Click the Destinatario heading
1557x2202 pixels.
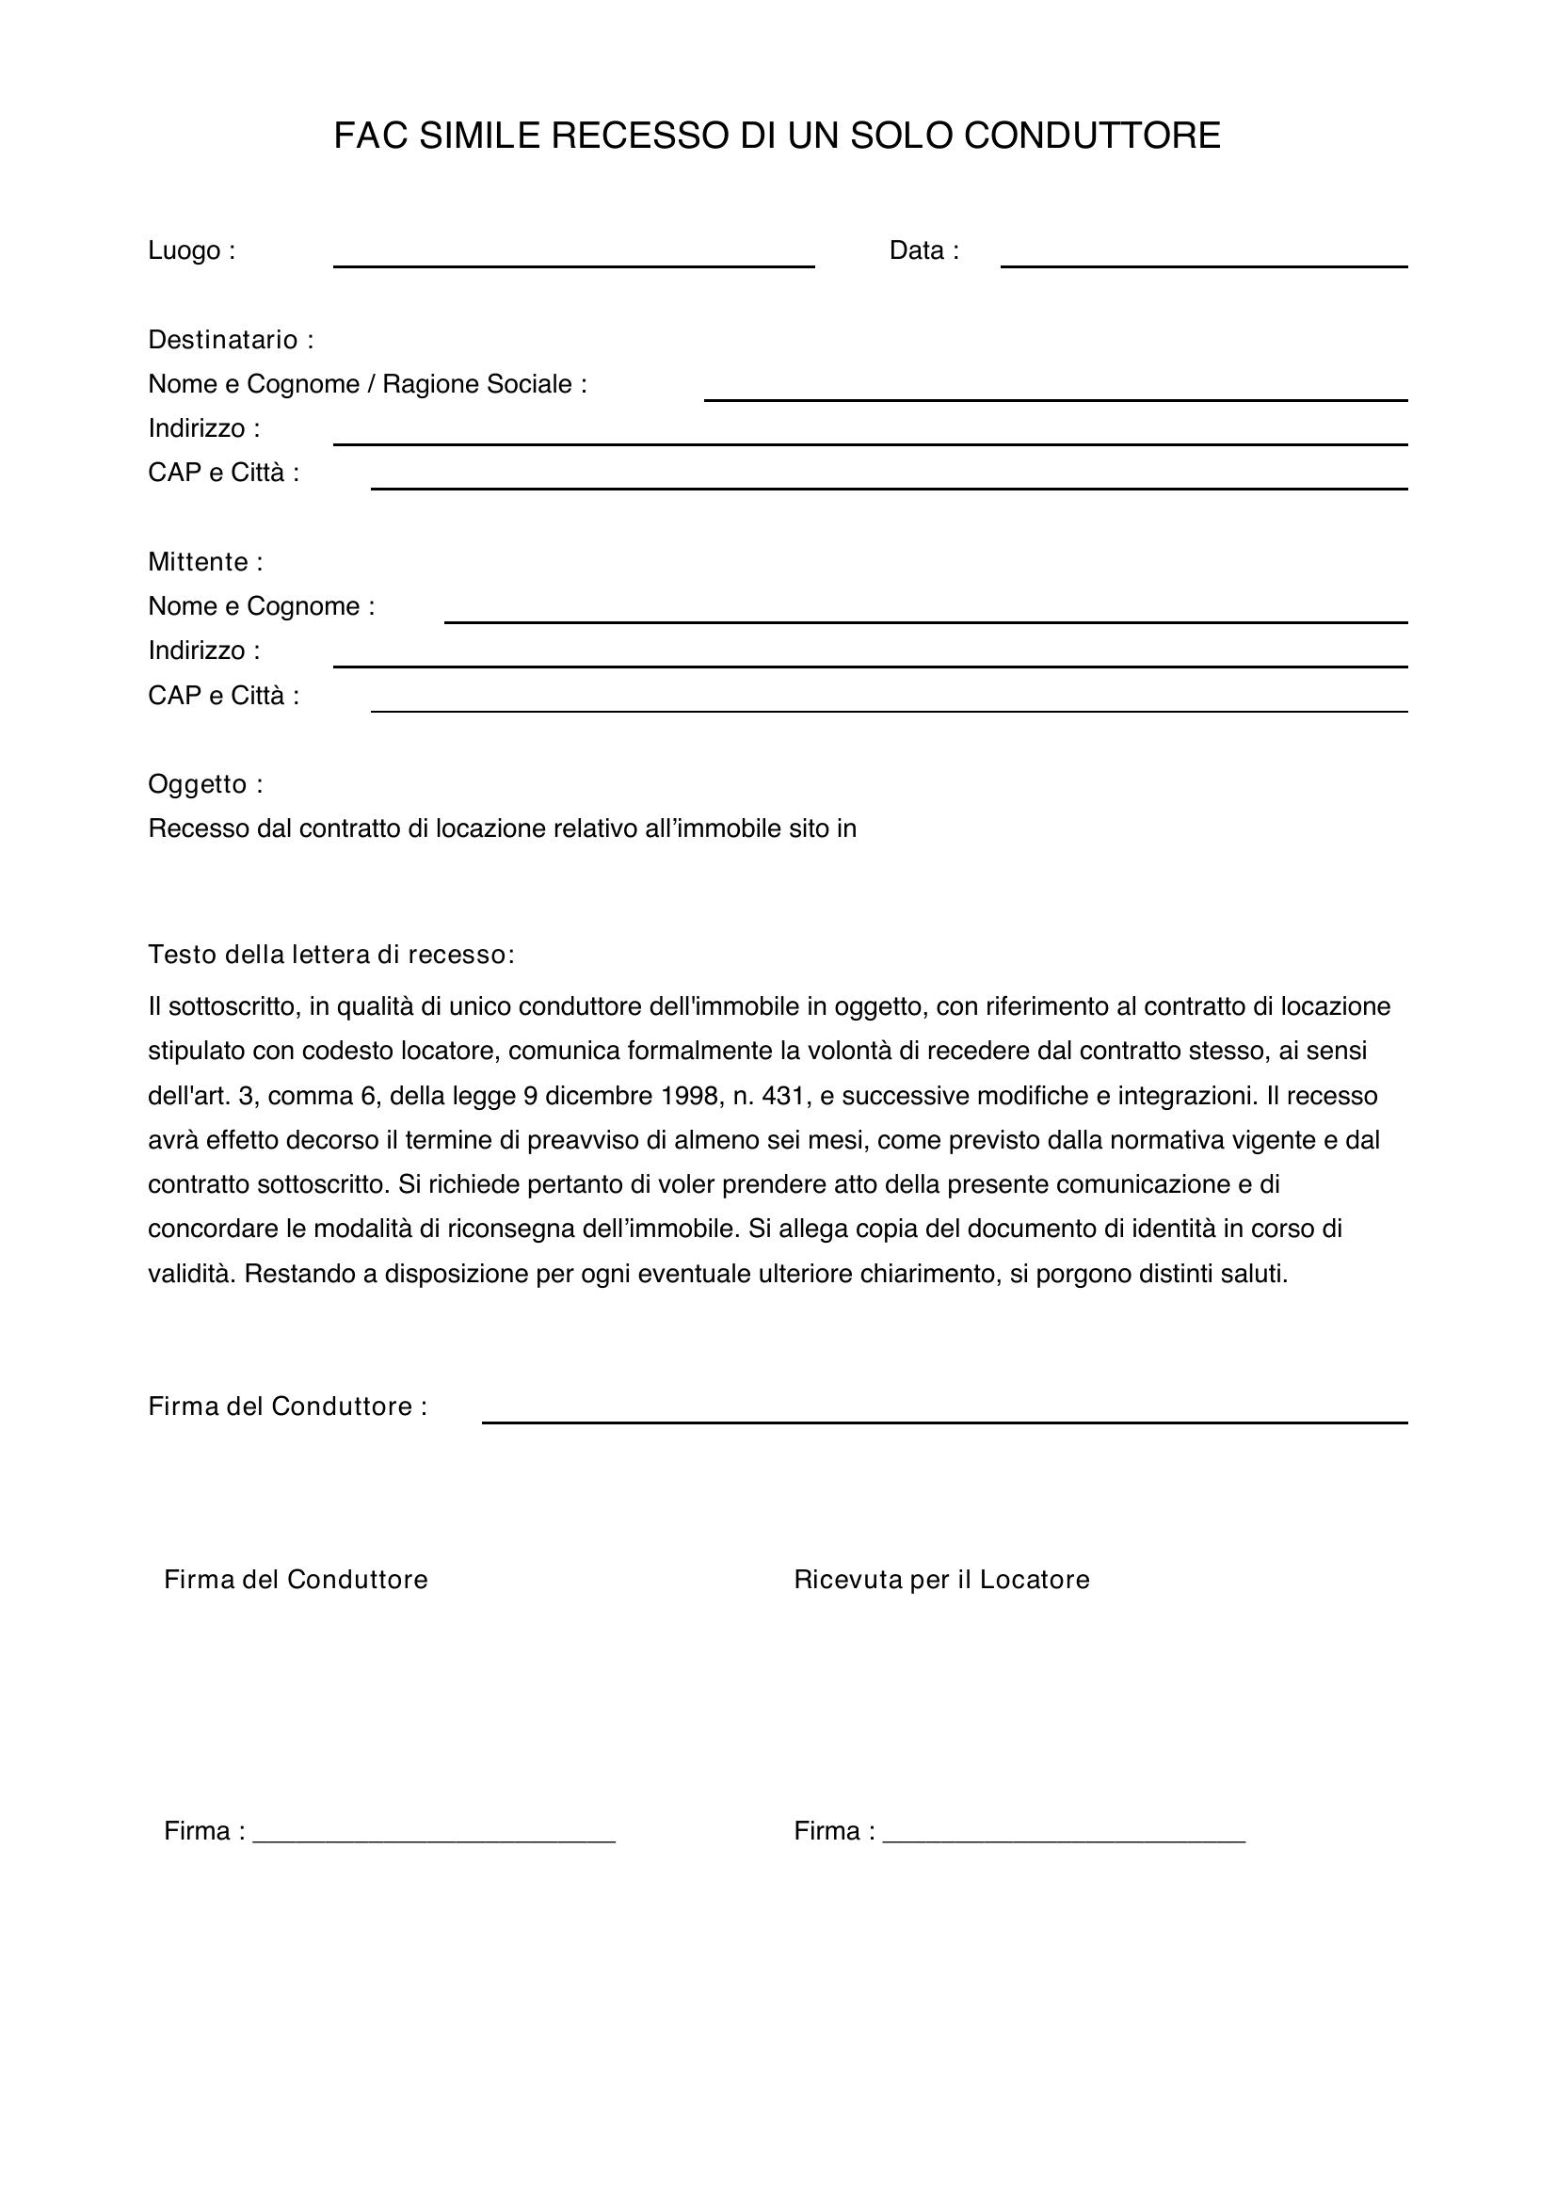coord(230,340)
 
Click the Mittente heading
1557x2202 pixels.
coord(205,562)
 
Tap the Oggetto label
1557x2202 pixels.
coord(205,784)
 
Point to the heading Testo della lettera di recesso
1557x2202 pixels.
coord(330,956)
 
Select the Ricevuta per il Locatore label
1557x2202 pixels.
coord(941,1580)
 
